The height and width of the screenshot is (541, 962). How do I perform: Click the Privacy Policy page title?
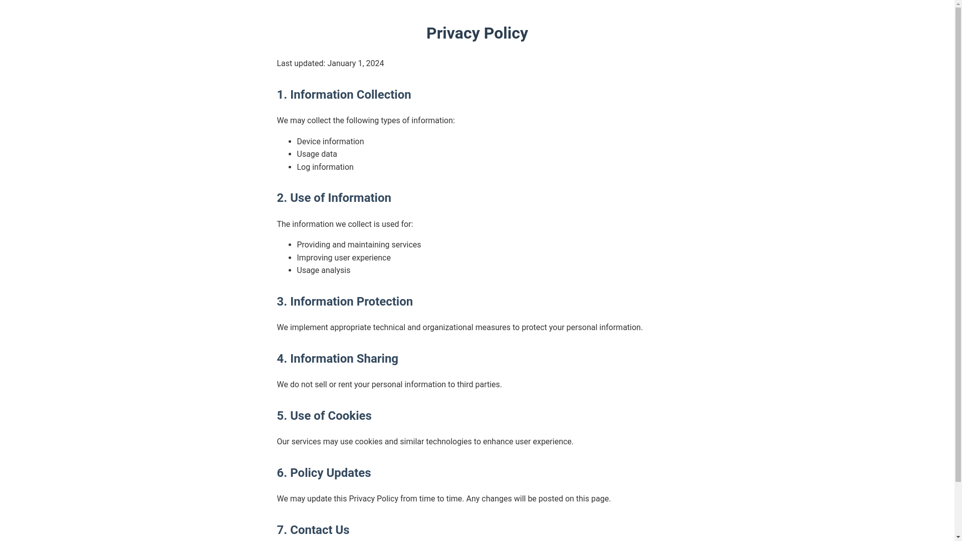click(x=476, y=33)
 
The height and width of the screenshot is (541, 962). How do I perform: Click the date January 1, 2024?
click(x=355, y=64)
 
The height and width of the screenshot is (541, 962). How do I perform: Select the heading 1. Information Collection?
click(x=344, y=95)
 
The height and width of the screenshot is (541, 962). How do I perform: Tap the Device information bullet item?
click(x=330, y=142)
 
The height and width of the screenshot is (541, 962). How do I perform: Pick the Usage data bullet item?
click(x=317, y=154)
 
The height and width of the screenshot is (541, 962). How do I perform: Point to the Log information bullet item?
click(x=325, y=167)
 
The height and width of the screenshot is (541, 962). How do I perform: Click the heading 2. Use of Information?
click(x=334, y=198)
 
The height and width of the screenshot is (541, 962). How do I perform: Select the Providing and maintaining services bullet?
click(x=359, y=245)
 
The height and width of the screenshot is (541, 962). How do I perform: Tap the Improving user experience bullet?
click(x=343, y=258)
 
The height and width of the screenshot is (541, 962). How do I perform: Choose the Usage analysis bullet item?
click(x=323, y=270)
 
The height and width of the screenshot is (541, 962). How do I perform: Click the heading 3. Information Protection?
click(x=345, y=302)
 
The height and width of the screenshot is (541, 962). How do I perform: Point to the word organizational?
click(x=447, y=328)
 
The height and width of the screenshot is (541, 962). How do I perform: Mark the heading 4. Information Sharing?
click(x=337, y=359)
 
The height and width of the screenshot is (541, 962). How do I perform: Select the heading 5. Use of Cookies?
click(x=324, y=416)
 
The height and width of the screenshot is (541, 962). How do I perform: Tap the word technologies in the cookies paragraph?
click(x=448, y=442)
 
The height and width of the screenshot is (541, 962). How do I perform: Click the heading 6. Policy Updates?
click(x=324, y=473)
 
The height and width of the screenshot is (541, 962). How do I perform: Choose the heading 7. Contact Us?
click(x=313, y=530)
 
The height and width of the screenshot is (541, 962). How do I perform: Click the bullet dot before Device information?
click(x=290, y=142)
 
